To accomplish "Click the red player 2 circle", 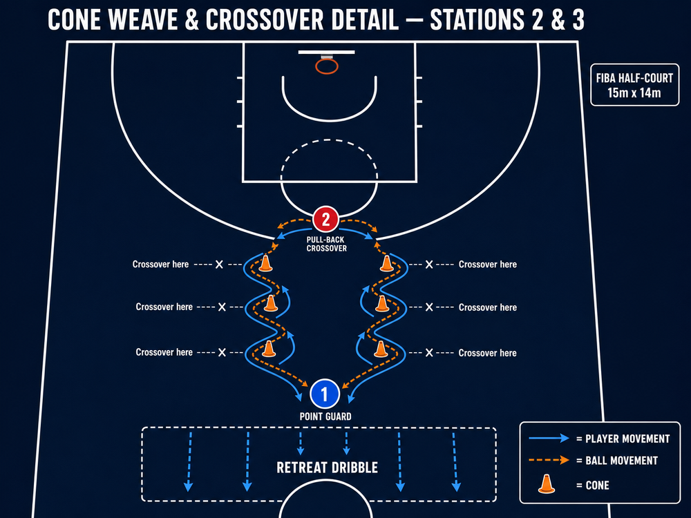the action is [x=325, y=220].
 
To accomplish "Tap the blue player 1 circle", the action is [x=325, y=394].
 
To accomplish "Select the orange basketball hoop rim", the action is [x=327, y=66].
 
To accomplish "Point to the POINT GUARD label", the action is [x=325, y=416].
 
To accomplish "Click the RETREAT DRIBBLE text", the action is [x=327, y=468].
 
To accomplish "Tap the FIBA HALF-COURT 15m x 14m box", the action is [x=634, y=85].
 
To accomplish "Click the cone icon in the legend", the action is [x=547, y=483].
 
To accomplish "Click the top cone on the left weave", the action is [x=265, y=263].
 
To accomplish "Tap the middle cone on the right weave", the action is [x=382, y=303].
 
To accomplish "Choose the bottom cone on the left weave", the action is [x=268, y=348].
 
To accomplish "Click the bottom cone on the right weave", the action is [x=381, y=349].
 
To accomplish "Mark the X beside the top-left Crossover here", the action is [x=219, y=265].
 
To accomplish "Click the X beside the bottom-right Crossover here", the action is [x=429, y=352].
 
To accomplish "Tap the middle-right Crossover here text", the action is [x=487, y=307].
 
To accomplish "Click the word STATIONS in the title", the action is [x=477, y=20].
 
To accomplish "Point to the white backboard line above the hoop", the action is [x=327, y=52].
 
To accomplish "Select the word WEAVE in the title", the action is [x=145, y=20].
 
